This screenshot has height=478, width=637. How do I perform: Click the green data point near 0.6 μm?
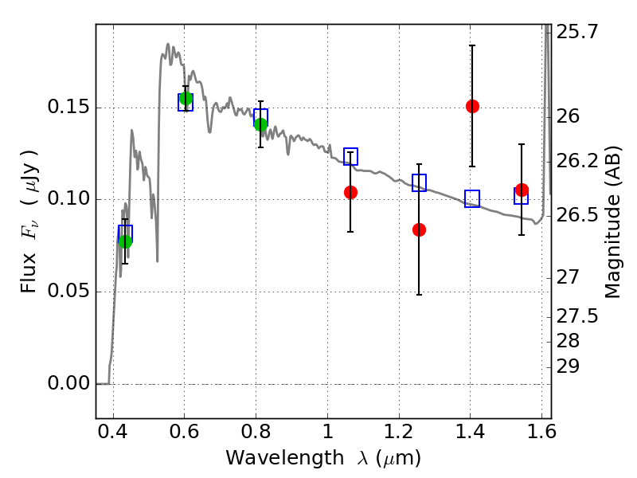[186, 98]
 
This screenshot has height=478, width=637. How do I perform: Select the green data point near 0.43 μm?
[126, 241]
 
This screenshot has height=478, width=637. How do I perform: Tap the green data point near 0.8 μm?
[261, 124]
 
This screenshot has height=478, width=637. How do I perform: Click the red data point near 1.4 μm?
[472, 107]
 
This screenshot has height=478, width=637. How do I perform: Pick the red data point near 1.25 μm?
[419, 229]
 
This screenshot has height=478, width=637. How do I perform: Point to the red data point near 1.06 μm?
[350, 192]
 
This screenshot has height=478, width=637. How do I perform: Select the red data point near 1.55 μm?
[522, 190]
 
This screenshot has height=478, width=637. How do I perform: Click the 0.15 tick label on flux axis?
[68, 107]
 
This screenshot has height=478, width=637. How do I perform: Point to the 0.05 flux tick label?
[68, 291]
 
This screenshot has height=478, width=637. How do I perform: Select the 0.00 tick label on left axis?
[68, 383]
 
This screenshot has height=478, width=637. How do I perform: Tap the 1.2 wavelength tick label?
[399, 432]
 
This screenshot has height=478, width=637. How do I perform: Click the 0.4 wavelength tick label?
[112, 432]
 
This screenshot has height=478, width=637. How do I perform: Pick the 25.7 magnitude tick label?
[576, 32]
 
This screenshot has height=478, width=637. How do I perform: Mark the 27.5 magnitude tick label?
[576, 316]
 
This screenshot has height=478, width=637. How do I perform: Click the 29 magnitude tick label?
[568, 366]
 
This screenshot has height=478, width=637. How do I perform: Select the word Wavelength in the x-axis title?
[285, 458]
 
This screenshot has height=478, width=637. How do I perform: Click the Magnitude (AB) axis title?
[612, 221]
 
